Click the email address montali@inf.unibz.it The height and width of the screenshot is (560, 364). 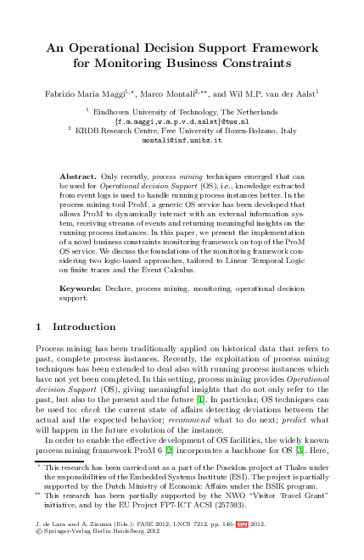pyautogui.click(x=181, y=140)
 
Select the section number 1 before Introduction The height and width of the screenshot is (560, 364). pyautogui.click(x=40, y=326)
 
